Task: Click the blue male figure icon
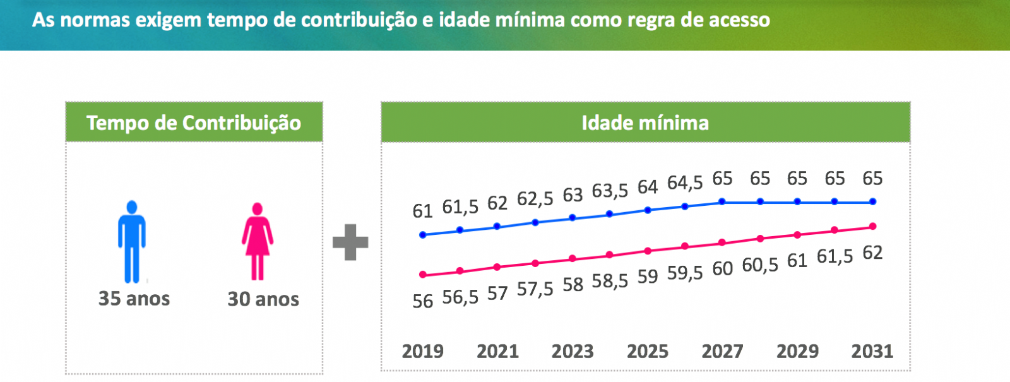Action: coord(131,241)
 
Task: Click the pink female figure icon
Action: coord(257,241)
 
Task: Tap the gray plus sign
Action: coord(350,242)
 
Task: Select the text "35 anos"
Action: coord(134,299)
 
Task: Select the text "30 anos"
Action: coord(263,299)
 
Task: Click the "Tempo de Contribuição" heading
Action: coord(194,122)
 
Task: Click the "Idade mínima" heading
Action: coord(645,122)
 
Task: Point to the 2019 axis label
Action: coord(422,351)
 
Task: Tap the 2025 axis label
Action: coord(648,351)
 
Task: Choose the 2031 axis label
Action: coord(872,351)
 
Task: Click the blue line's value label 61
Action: coord(422,211)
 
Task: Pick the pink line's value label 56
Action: coord(422,301)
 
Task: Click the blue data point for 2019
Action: coord(423,235)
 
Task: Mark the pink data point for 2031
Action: coord(873,226)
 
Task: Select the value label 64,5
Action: coord(685,183)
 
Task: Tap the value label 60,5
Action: coord(760,265)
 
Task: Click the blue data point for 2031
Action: coord(873,202)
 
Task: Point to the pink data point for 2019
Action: coord(423,275)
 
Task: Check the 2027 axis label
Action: coord(722,351)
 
